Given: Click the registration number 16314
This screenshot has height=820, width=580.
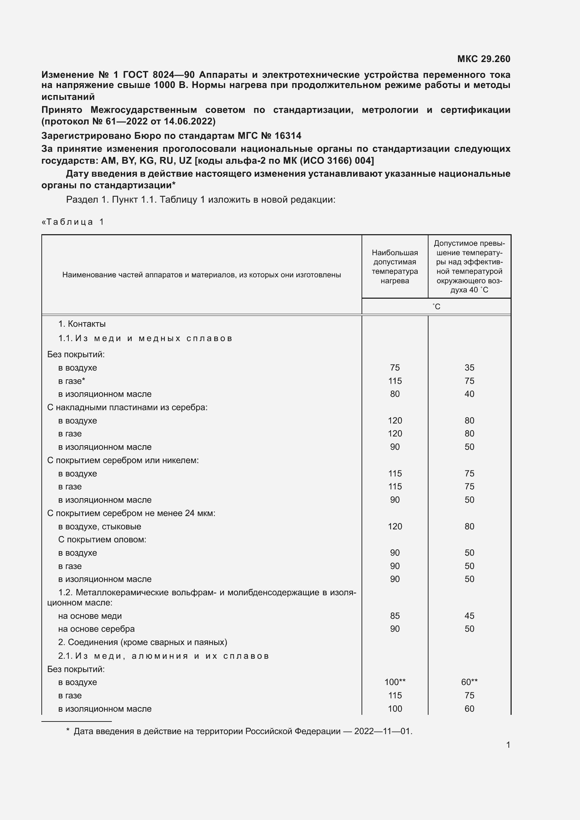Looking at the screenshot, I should [x=288, y=136].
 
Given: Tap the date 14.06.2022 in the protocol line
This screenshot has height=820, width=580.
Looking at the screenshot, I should [x=188, y=121].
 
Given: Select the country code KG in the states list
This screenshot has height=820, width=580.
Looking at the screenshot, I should [x=147, y=160].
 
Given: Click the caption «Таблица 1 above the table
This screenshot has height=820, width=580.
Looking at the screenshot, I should [x=73, y=222].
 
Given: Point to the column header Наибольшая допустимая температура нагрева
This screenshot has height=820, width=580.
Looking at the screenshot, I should [x=394, y=266].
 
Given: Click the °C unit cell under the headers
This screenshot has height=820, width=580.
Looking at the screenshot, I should [x=436, y=306].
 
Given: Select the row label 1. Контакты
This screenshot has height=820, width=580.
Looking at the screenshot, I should [x=82, y=324].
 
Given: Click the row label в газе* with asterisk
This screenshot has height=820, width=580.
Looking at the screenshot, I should [x=72, y=381].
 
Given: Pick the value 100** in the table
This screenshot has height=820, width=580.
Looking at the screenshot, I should [x=394, y=682].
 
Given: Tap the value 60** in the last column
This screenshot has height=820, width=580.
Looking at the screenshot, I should [x=469, y=682].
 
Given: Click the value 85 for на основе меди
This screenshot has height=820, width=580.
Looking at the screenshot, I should [x=394, y=616].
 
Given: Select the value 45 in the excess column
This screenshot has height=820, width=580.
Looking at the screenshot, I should [x=469, y=616].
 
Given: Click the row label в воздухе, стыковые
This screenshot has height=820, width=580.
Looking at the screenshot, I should [x=100, y=527].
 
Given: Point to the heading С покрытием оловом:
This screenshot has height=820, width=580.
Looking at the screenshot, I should [x=102, y=539].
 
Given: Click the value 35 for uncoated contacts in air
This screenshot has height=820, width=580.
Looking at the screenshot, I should [x=469, y=367].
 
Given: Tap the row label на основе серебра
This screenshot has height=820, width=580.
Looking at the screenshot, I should [x=96, y=629].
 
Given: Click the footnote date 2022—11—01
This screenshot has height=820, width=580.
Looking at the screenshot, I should [x=383, y=731].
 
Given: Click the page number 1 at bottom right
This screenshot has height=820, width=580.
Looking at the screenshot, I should [x=508, y=745].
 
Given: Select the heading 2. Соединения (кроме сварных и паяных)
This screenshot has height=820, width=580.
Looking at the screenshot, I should [x=142, y=642].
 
